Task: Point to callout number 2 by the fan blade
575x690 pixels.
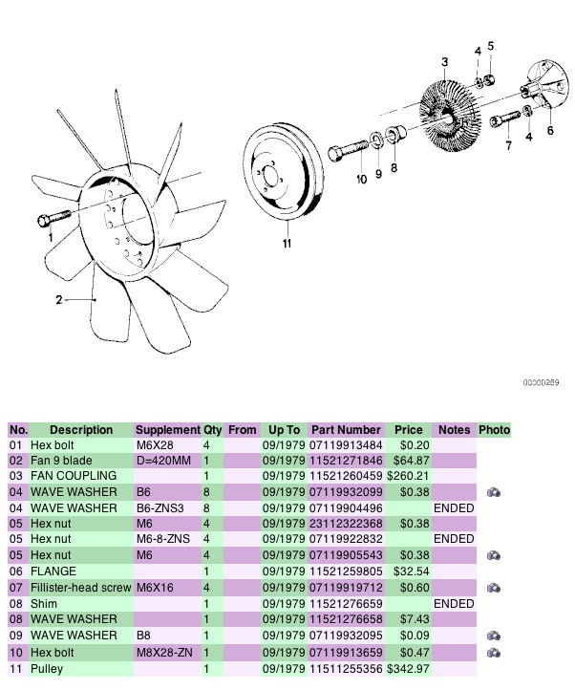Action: (x=59, y=300)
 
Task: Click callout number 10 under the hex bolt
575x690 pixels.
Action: (x=361, y=180)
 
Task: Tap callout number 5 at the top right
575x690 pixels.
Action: (x=491, y=45)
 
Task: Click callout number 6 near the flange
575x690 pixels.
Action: (x=549, y=130)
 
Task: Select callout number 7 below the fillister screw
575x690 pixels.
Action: (x=508, y=146)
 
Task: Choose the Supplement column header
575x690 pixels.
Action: (x=167, y=430)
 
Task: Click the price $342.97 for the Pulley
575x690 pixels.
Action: (x=408, y=669)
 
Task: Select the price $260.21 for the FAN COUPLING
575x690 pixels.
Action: (x=408, y=476)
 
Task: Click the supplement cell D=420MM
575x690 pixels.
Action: (x=164, y=461)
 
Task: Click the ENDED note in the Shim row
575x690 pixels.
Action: (x=454, y=604)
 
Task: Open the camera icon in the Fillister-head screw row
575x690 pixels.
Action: (x=494, y=588)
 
